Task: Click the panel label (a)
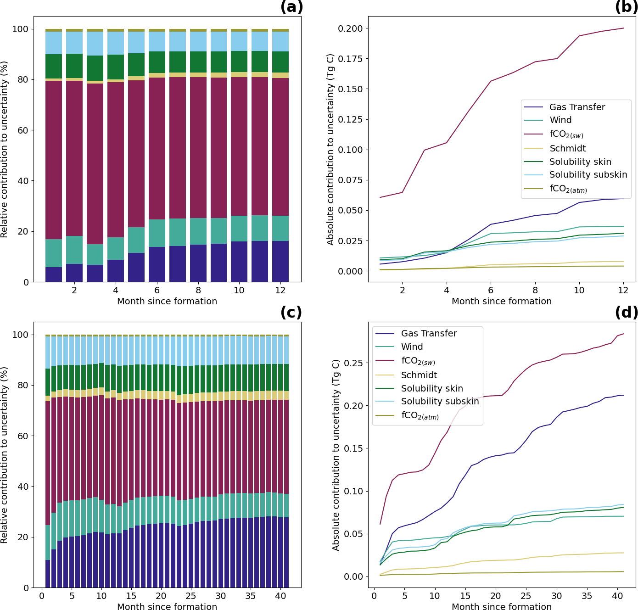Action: point(291,7)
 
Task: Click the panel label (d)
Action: point(627,313)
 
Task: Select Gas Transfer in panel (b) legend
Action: point(577,107)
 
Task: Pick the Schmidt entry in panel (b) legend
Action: point(567,148)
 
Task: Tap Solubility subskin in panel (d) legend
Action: point(440,402)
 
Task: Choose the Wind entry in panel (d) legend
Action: point(412,347)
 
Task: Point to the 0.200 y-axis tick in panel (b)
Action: point(350,28)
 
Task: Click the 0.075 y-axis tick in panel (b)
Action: point(350,180)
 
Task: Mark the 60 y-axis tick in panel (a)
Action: point(20,130)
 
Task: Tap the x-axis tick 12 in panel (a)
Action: point(280,290)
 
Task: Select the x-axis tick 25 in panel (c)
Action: point(190,596)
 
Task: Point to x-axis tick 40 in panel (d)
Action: point(617,596)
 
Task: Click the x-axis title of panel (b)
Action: point(502,302)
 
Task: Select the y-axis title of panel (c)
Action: point(5,455)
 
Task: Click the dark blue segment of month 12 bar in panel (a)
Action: point(280,262)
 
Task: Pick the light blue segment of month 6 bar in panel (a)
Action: point(157,41)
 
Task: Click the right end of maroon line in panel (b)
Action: point(623,28)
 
